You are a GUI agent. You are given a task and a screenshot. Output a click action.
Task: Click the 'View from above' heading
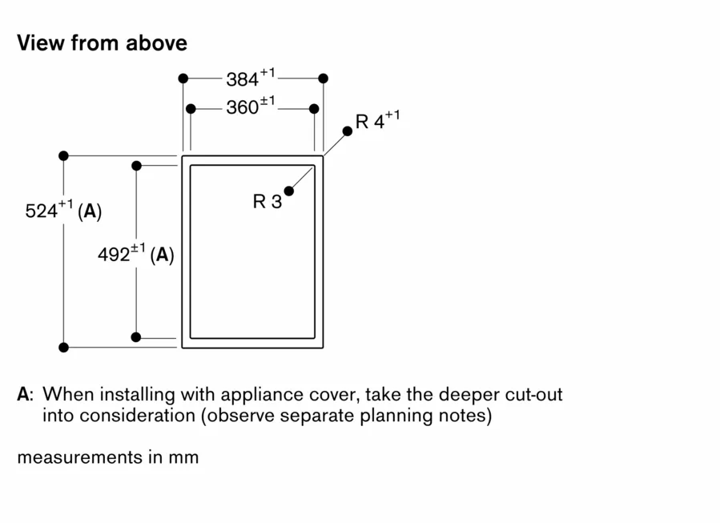click(x=102, y=42)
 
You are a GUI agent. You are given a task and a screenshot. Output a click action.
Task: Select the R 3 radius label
click(x=267, y=202)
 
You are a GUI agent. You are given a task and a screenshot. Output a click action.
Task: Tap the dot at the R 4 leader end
click(x=347, y=131)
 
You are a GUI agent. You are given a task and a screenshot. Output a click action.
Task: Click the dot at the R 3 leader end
click(x=288, y=191)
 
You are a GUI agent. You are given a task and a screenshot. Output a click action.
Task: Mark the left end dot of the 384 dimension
click(x=183, y=78)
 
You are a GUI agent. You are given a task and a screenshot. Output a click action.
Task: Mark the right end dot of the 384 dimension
click(x=323, y=78)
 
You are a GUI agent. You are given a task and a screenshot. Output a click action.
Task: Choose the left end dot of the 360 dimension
click(x=191, y=108)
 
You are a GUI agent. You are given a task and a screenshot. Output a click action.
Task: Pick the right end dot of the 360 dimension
click(x=314, y=108)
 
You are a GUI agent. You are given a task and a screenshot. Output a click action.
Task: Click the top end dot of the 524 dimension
click(x=64, y=155)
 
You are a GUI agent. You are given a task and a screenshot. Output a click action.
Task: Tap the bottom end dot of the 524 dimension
click(x=64, y=347)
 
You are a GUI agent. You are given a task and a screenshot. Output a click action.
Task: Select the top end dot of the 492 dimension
click(x=136, y=166)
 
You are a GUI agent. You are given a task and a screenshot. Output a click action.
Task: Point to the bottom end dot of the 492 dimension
click(x=136, y=337)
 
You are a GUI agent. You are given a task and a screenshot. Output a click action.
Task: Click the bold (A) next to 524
click(x=90, y=211)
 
